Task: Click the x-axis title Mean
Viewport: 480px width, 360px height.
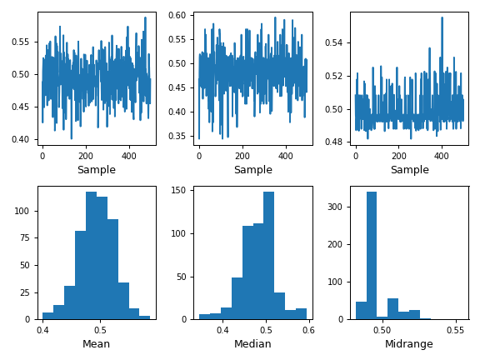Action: (x=97, y=344)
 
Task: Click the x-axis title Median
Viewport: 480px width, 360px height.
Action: (x=252, y=344)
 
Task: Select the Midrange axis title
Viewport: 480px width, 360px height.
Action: (x=409, y=344)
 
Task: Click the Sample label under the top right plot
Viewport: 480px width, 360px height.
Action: (x=409, y=170)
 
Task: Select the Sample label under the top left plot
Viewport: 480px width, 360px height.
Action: (x=97, y=170)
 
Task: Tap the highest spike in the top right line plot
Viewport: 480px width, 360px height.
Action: (x=442, y=18)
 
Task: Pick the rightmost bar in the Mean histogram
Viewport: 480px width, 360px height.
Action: (x=145, y=317)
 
